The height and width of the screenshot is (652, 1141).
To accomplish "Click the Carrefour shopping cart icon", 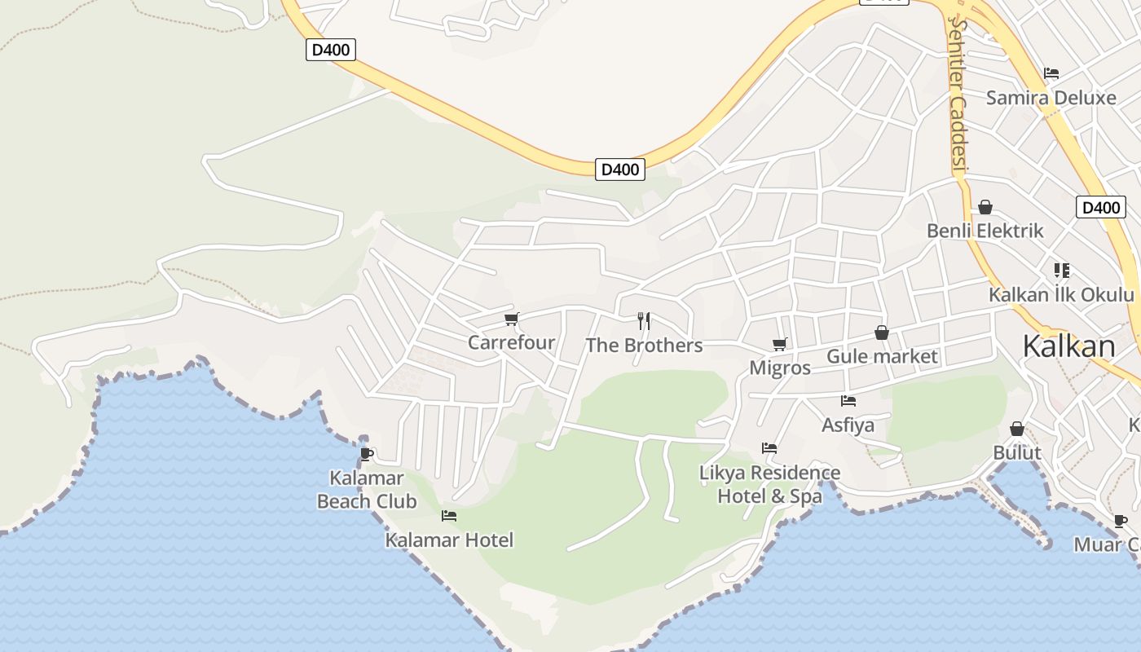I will (x=511, y=319).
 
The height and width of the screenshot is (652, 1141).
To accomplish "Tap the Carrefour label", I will (x=511, y=342).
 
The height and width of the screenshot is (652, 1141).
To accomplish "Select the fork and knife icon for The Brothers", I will (x=644, y=320).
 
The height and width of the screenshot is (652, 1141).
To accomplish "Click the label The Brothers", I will (x=644, y=346).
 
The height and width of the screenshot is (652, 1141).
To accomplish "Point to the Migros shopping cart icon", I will (x=780, y=344).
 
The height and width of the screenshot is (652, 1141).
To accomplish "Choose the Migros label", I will (x=780, y=368).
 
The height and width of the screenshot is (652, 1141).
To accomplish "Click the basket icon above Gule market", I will (x=881, y=333).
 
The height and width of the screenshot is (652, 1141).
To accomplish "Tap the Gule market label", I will (x=882, y=356).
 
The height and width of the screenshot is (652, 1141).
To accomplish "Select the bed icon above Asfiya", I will (x=848, y=400).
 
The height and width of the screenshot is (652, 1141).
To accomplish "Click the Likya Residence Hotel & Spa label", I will (x=770, y=484).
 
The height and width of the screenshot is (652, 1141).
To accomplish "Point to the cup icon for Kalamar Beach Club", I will (x=367, y=454).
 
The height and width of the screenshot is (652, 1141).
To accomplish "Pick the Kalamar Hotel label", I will (x=449, y=540).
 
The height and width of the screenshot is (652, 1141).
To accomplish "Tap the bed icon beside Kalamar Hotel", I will (x=449, y=516).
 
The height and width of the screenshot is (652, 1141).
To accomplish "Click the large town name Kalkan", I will (x=1068, y=346).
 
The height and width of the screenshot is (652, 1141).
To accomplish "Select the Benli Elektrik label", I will (x=985, y=231).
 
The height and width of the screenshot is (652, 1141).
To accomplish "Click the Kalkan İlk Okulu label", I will (x=1061, y=294).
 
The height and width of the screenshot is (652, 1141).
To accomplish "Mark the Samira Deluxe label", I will (x=1051, y=98).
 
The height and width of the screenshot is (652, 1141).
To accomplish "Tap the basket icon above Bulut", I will (x=1017, y=429).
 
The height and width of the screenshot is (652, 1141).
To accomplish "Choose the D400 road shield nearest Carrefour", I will (x=619, y=170).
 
